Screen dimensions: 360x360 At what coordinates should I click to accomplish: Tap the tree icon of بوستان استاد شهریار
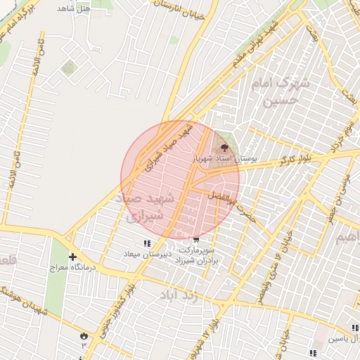pos(225,148)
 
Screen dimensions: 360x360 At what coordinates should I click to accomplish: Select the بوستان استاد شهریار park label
pos(224,160)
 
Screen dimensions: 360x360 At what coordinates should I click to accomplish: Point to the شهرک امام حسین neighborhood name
pos(281,91)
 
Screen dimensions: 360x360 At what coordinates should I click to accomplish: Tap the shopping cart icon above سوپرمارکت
pos(195,239)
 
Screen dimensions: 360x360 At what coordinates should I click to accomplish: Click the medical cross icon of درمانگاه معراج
pos(73,256)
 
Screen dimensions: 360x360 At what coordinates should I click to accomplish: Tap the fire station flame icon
pos(84,335)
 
